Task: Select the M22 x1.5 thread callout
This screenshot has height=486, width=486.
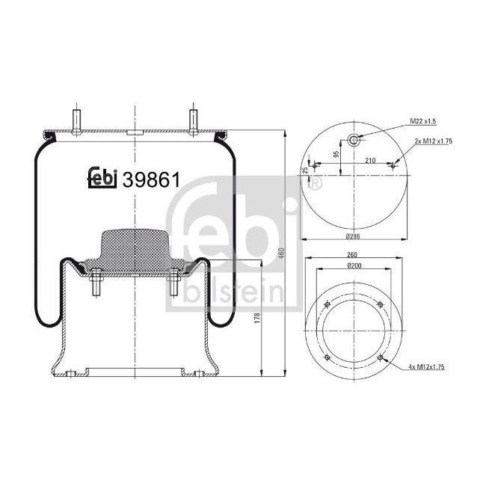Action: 423,121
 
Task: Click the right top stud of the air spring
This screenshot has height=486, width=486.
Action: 193,120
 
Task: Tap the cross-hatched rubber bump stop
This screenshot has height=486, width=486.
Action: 134,246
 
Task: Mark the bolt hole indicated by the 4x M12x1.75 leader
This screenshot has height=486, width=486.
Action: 381,358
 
